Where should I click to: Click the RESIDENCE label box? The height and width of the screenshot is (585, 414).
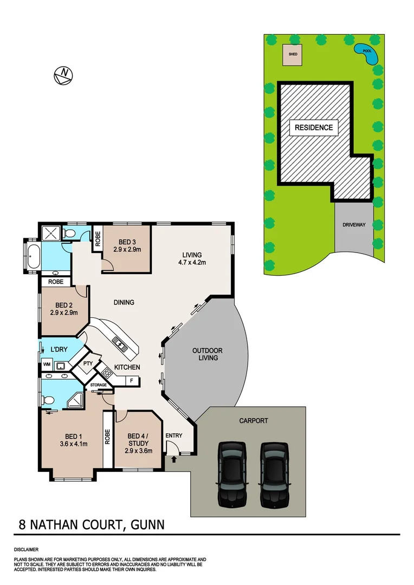point(314,128)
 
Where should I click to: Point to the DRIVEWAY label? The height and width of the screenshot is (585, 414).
point(354,225)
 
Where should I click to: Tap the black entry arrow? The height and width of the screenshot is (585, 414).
point(173,460)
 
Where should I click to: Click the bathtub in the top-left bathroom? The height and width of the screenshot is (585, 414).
point(33,255)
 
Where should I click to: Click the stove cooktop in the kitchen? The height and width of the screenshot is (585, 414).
point(107,373)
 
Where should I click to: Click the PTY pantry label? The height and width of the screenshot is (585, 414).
point(88,364)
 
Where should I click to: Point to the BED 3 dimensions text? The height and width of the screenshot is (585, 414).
point(127,250)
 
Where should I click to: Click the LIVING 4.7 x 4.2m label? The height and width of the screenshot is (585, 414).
point(192,258)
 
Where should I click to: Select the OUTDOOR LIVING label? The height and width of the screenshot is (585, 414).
point(208,354)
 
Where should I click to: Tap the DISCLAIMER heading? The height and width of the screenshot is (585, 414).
point(27,549)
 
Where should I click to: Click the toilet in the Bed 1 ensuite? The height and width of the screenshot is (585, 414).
point(48,400)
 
